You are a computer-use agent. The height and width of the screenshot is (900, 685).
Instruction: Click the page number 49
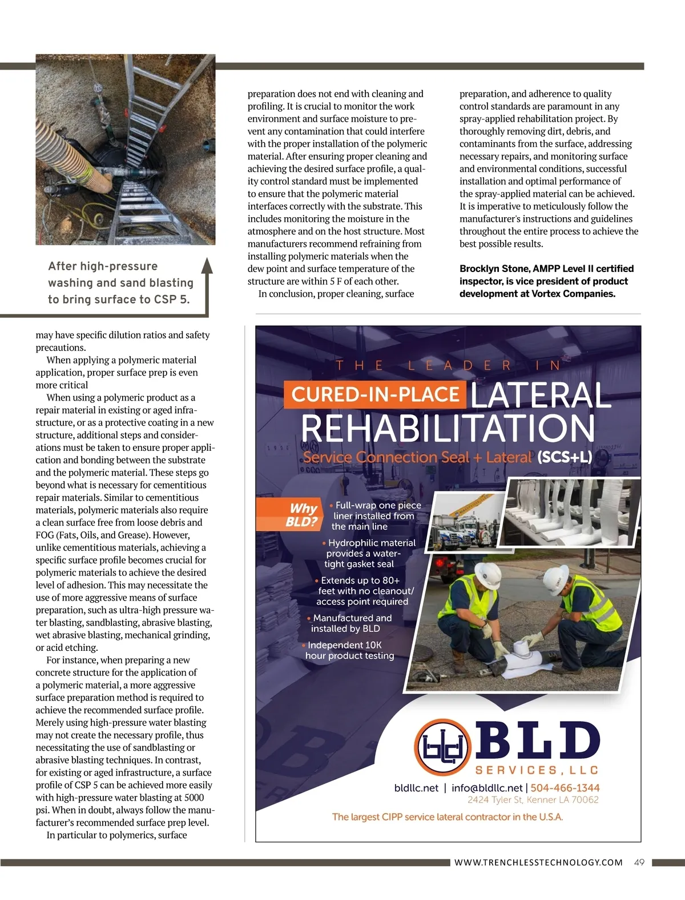639,862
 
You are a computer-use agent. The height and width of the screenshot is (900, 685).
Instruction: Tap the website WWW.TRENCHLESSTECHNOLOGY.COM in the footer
538,862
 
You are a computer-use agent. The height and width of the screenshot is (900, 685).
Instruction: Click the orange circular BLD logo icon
443,746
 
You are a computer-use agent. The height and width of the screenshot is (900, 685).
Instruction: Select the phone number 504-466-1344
565,787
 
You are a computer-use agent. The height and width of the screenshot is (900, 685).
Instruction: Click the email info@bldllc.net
487,787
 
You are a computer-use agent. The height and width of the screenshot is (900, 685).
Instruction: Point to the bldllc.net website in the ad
416,787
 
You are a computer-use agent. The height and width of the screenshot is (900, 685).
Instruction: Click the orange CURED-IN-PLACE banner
375,394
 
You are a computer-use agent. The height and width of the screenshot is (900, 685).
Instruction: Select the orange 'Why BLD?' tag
303,515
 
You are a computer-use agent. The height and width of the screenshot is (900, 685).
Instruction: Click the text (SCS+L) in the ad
564,457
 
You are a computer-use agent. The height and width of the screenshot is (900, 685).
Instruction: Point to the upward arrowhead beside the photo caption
207,266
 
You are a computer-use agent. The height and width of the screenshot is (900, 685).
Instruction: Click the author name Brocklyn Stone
494,269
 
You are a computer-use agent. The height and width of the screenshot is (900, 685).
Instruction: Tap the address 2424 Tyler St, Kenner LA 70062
533,799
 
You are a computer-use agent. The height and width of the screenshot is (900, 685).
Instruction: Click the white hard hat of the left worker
488,571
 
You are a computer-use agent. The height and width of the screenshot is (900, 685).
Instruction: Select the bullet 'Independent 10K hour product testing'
348,650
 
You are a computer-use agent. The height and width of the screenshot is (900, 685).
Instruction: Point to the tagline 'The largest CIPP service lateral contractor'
448,817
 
